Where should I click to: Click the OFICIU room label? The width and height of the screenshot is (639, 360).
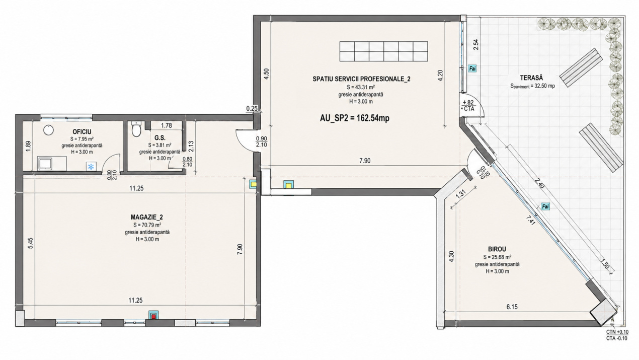82,131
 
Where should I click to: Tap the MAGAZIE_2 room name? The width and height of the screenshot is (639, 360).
147,217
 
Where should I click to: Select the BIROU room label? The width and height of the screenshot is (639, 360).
497,249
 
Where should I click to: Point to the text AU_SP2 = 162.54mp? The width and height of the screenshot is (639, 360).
355,118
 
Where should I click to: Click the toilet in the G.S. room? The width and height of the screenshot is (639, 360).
136,129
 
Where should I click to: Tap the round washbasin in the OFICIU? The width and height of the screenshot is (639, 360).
49,130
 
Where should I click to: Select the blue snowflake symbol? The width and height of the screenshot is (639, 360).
91,167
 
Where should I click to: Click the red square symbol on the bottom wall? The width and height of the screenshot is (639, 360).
154,316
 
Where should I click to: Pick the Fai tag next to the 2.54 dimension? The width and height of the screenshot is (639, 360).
472,68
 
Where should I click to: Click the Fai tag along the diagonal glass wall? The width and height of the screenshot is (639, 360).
545,206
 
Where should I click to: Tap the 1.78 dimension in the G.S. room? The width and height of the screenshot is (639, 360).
167,125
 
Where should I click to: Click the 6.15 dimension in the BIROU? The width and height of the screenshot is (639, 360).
512,307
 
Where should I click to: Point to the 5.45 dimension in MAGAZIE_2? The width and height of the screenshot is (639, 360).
31,243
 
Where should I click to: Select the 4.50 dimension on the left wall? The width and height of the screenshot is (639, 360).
266,74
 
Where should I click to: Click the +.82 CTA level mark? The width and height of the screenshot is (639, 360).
468,106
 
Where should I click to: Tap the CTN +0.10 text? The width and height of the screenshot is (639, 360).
617,332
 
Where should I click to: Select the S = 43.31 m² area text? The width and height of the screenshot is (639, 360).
361,88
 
